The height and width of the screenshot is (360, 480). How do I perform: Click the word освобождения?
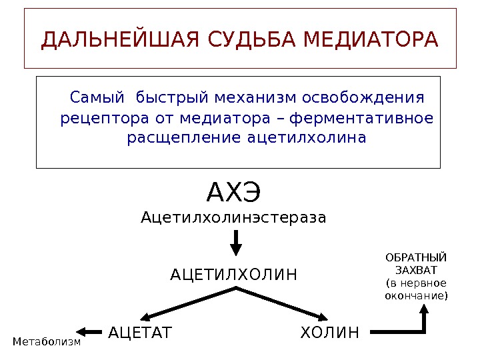[363, 99]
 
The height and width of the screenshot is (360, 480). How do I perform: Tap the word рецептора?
[95, 119]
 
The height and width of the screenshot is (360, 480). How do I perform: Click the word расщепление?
[184, 139]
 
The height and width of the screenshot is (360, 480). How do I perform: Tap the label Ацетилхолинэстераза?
[233, 217]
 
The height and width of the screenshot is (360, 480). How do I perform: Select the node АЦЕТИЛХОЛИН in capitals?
[234, 275]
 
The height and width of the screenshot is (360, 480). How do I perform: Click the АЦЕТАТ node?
[140, 332]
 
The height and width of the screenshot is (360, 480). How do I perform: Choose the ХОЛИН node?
[329, 332]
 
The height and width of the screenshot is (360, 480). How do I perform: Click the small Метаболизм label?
[47, 342]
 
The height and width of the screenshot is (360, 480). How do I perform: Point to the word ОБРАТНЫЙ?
[417, 258]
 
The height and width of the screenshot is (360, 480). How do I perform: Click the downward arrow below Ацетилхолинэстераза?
[236, 243]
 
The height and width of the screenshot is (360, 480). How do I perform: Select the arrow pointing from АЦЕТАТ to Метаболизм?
[90, 331]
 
